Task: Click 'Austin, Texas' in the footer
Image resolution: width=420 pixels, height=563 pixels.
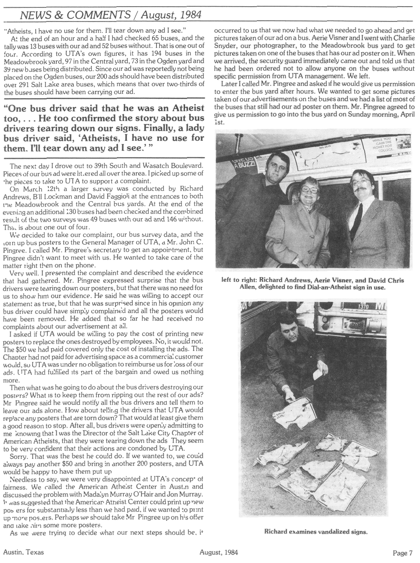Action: click(21, 552)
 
